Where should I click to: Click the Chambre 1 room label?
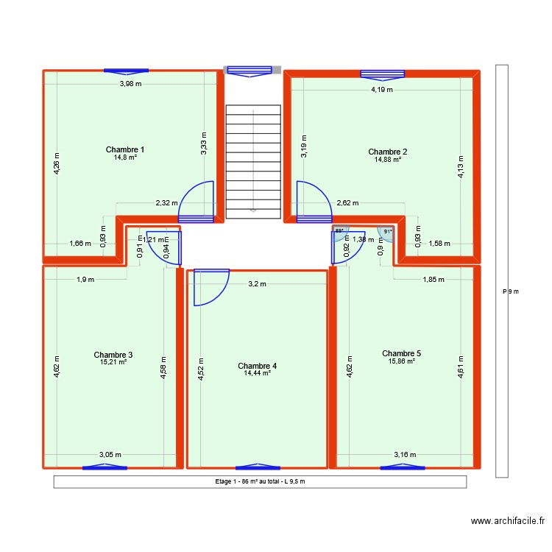[x=125, y=149]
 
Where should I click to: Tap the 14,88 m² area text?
[x=387, y=159]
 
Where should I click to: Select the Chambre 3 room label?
[x=113, y=354]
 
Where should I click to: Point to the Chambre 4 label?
[x=258, y=366]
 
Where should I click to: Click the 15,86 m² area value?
[x=402, y=361]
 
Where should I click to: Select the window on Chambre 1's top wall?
[x=126, y=71]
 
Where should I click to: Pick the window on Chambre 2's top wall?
[x=383, y=74]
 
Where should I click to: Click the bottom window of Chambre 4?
[x=258, y=467]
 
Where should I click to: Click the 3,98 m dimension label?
[x=131, y=84]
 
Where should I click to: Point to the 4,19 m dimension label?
[x=382, y=90]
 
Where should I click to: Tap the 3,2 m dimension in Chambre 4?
[x=257, y=283]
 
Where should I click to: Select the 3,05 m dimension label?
[x=110, y=455]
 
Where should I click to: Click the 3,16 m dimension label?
[x=405, y=455]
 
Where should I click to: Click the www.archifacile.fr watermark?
[x=508, y=521]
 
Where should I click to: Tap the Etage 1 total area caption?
[x=259, y=482]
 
